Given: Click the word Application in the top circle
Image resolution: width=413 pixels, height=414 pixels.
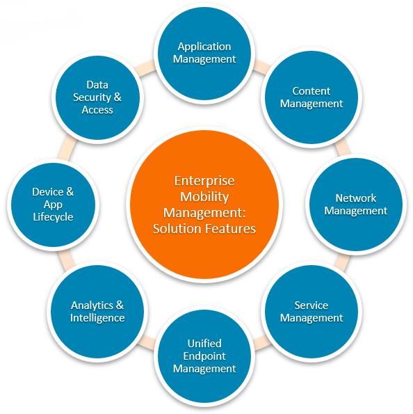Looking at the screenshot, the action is tap(204, 47).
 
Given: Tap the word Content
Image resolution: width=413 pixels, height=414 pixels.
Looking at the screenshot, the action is tap(311, 91).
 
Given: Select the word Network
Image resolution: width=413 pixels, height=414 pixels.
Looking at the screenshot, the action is tap(355, 198).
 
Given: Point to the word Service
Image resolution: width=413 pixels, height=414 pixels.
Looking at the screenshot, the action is tap(311, 305).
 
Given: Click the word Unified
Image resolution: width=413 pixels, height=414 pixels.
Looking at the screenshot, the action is tap(204, 344).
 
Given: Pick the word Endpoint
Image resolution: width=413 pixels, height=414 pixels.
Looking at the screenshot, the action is tap(204, 356).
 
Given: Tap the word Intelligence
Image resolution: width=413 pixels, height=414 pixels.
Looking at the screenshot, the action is tap(97, 318).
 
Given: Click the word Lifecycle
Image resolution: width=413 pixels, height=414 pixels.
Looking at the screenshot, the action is tap(53, 217).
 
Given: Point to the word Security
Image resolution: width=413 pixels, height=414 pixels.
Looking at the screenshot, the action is tap(92, 97).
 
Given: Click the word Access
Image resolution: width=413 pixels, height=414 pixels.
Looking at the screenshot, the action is tap(97, 110).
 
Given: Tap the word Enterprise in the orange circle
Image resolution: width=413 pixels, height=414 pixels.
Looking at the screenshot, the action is tap(204, 182).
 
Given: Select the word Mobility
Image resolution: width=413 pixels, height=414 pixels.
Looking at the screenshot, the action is tap(204, 197).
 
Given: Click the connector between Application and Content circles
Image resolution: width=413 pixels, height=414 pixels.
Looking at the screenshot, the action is tap(261, 67).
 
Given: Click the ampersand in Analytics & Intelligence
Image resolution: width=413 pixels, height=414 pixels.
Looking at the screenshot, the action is tap(120, 305).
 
